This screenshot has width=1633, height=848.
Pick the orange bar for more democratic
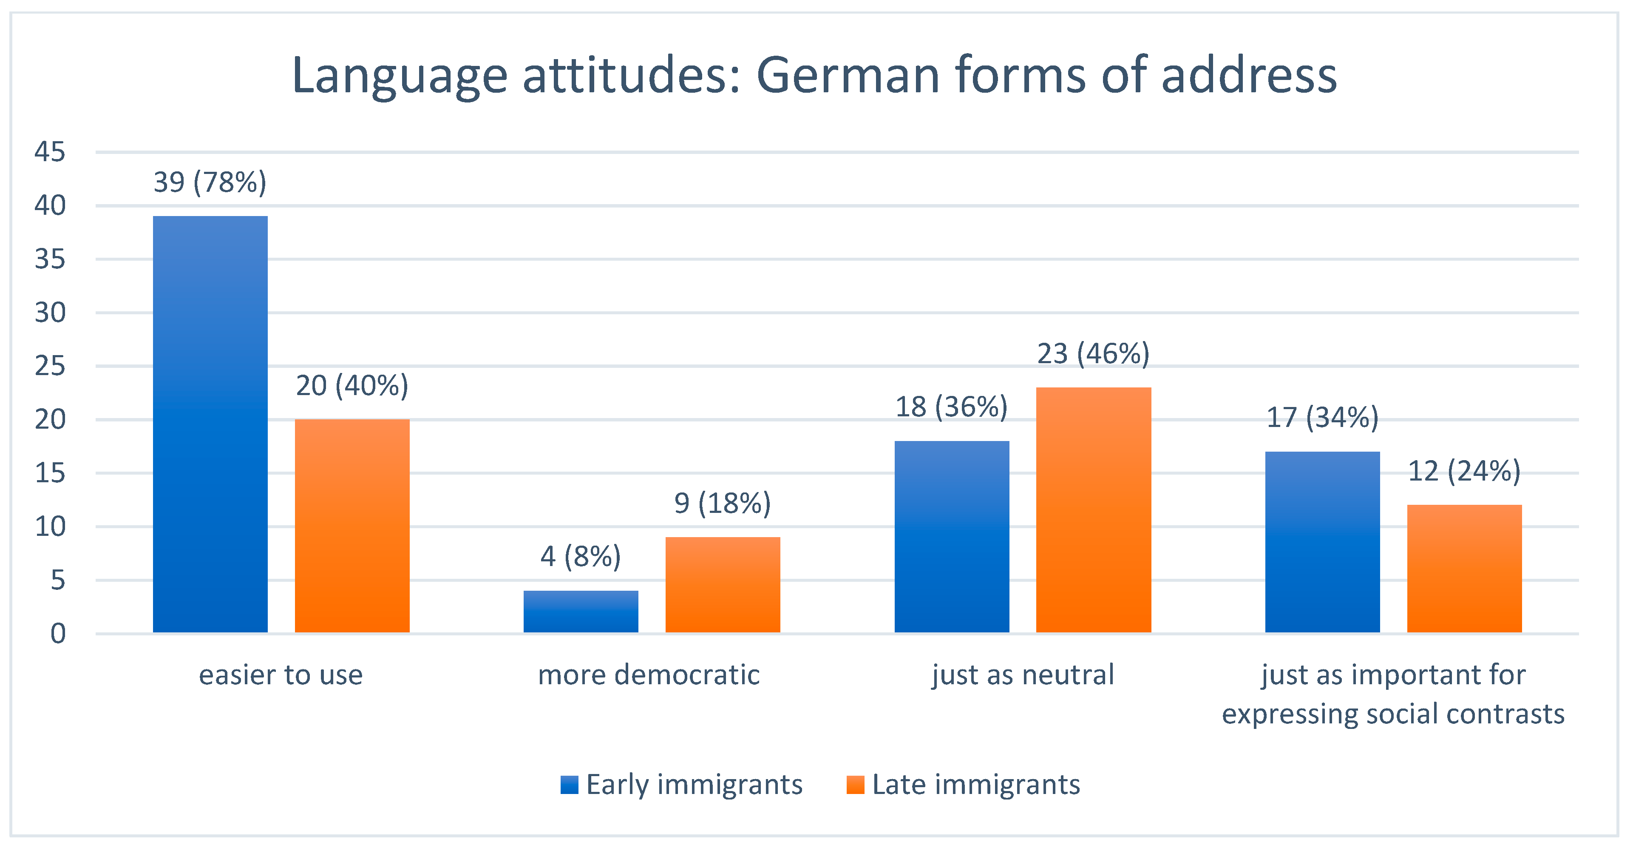(723, 584)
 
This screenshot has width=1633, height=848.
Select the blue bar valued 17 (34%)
(1322, 542)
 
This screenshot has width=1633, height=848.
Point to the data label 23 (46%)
(1093, 353)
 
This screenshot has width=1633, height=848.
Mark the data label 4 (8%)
(581, 556)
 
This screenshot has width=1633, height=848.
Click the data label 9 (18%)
(723, 503)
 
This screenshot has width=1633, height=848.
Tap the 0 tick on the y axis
(58, 633)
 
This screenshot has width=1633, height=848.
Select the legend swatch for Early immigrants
(569, 785)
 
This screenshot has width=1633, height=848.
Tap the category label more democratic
(649, 674)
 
